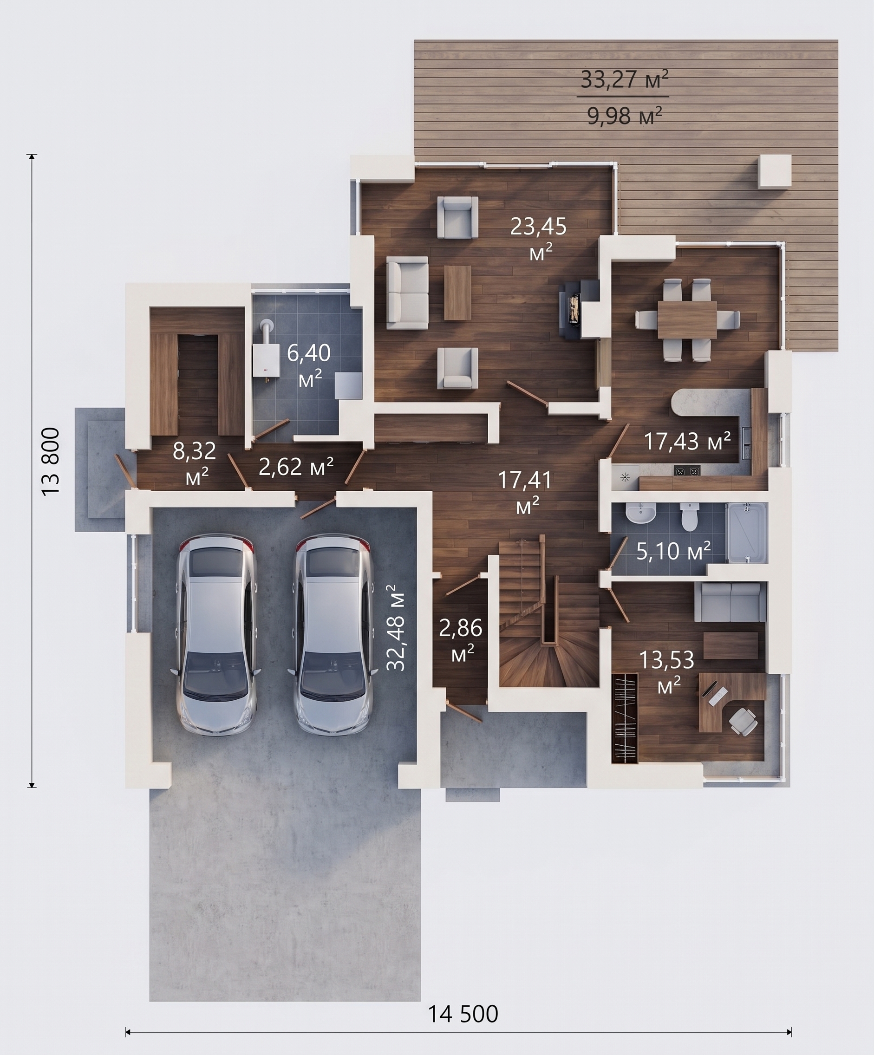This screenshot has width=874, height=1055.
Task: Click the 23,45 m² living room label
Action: tap(538, 238)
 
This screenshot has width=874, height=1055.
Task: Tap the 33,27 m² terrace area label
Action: tap(624, 79)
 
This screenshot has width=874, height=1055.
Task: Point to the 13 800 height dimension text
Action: tap(51, 462)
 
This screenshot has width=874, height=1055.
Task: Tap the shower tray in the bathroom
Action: tap(746, 533)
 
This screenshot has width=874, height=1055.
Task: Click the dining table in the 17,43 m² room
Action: tap(688, 320)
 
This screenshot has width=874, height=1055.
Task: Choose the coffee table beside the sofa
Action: tap(457, 293)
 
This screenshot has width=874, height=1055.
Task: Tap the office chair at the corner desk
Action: tap(743, 722)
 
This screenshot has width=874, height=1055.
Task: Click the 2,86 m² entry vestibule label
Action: tap(461, 640)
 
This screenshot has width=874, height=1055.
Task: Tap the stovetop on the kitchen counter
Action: tap(687, 472)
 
